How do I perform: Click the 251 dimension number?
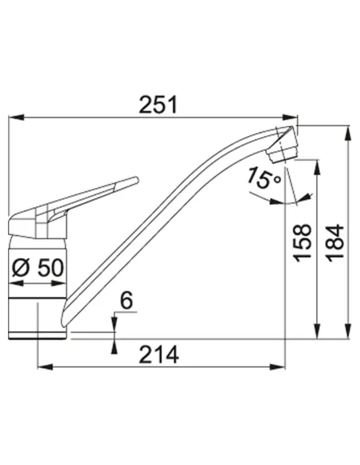[158, 104]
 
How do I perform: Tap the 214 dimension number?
[158, 354]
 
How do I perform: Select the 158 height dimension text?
[303, 243]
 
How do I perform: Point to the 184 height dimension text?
[335, 243]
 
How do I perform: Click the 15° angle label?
[264, 178]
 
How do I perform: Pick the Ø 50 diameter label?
[38, 268]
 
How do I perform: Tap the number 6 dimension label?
[127, 300]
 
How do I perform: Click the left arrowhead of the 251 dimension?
[16, 117]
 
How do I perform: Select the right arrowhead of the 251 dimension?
[290, 117]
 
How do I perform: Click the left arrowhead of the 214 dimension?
[45, 367]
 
